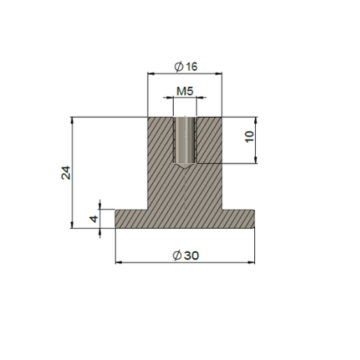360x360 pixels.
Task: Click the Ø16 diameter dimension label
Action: (186, 67)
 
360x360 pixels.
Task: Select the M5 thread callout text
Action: (185, 91)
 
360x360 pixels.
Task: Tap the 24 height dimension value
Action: (66, 173)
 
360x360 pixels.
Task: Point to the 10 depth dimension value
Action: (249, 137)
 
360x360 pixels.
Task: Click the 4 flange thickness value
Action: (94, 219)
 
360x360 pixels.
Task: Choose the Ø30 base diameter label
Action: (186, 256)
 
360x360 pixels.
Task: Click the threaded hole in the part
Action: (185, 140)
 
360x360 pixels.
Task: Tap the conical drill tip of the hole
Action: (185, 166)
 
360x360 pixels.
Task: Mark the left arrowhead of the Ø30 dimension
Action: (118, 263)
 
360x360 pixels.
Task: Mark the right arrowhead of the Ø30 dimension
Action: (252, 263)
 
